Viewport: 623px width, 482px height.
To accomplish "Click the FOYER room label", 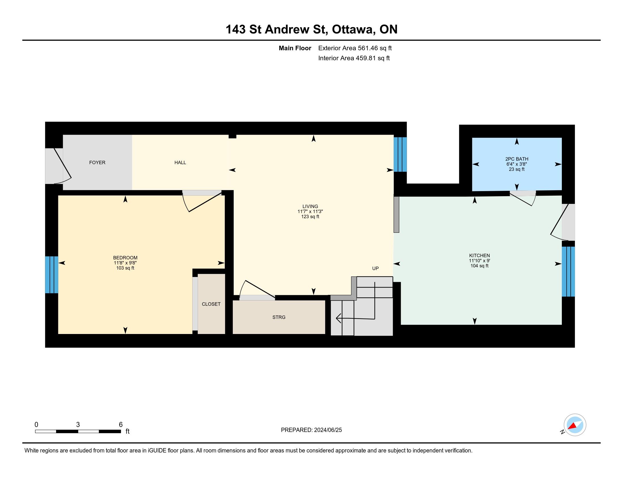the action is click(97, 162).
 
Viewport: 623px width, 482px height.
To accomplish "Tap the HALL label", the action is click(180, 162).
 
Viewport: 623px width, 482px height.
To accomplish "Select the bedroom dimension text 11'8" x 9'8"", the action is click(125, 263).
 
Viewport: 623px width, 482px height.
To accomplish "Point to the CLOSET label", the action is click(211, 304).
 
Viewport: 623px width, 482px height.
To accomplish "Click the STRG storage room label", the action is click(279, 317).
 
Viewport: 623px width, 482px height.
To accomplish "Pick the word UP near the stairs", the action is click(375, 269).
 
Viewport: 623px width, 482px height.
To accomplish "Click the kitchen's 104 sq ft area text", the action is click(479, 266).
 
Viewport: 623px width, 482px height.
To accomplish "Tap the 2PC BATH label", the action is click(517, 159).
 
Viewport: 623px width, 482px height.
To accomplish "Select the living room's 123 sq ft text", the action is click(310, 217).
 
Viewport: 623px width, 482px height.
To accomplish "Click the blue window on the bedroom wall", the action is click(52, 275).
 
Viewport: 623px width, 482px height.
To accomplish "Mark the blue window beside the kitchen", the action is click(569, 272).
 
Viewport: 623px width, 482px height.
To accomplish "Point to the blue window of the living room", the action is click(400, 155).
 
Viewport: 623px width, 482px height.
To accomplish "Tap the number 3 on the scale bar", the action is click(78, 425).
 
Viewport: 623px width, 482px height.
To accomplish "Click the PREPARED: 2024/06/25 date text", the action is click(311, 430).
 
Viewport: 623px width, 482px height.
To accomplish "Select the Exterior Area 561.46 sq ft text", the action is click(355, 48).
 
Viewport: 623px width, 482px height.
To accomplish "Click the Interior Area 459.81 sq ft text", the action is click(354, 58).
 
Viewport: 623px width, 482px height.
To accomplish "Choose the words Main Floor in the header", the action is click(295, 48).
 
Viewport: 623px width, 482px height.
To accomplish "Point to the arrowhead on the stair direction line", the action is click(338, 318).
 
